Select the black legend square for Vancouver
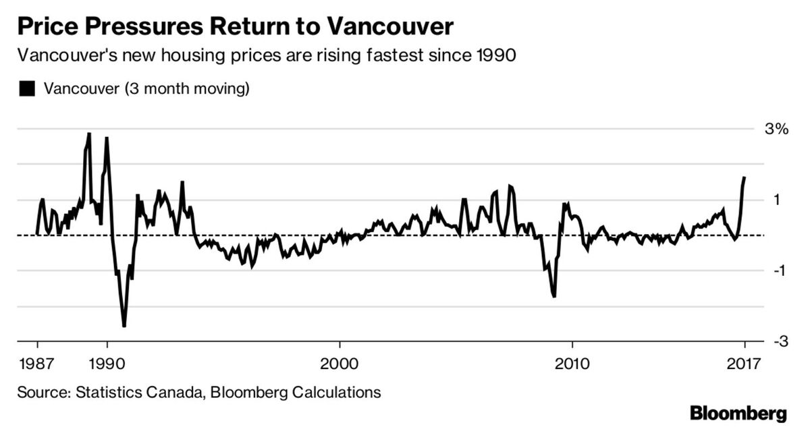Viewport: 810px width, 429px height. pyautogui.click(x=27, y=88)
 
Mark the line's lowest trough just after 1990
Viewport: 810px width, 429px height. pyautogui.click(x=124, y=326)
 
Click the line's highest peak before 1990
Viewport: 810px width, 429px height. pyautogui.click(x=88, y=134)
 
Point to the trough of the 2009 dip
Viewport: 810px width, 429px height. pyautogui.click(x=554, y=296)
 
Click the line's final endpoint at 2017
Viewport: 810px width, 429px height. pyautogui.click(x=745, y=177)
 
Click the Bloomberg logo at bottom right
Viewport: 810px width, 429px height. pyautogui.click(x=738, y=412)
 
